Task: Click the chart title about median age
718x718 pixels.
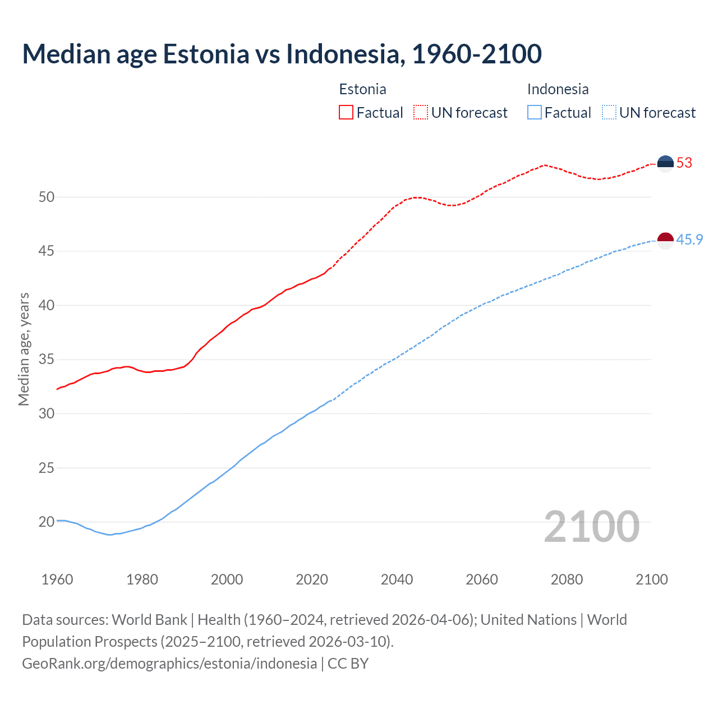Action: (282, 54)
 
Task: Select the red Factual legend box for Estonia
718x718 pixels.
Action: (346, 113)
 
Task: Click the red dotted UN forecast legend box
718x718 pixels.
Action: (421, 113)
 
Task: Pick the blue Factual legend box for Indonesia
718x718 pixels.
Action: (535, 113)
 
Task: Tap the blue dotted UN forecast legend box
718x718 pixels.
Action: (609, 113)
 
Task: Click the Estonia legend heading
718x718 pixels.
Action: (362, 89)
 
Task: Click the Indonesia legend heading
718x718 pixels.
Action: (558, 89)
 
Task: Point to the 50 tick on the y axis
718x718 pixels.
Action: (47, 197)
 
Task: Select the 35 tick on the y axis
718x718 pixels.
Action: (47, 360)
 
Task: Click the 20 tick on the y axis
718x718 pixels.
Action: (47, 522)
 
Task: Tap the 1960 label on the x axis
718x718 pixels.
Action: (57, 579)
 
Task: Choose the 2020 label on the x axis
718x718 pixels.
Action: (312, 579)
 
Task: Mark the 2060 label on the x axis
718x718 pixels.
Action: (482, 579)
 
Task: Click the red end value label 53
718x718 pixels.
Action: (684, 163)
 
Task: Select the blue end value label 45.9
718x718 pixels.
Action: (689, 240)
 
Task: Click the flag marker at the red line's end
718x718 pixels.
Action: (665, 163)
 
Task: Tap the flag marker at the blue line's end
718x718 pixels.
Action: (665, 240)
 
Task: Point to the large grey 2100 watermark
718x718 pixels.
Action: (592, 526)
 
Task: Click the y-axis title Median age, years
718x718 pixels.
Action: (24, 349)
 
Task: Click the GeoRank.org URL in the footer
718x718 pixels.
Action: (169, 664)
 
